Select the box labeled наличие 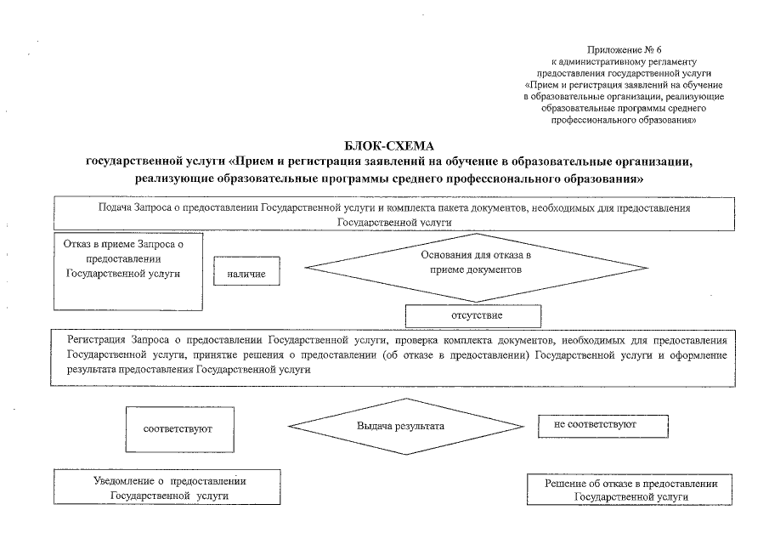pos(246,274)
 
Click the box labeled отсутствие pos(472,315)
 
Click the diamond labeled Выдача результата pos(400,424)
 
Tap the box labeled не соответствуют pos(602,423)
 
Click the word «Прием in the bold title pos(252,162)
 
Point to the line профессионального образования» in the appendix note pos(624,122)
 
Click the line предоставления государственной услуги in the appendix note pos(624,74)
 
